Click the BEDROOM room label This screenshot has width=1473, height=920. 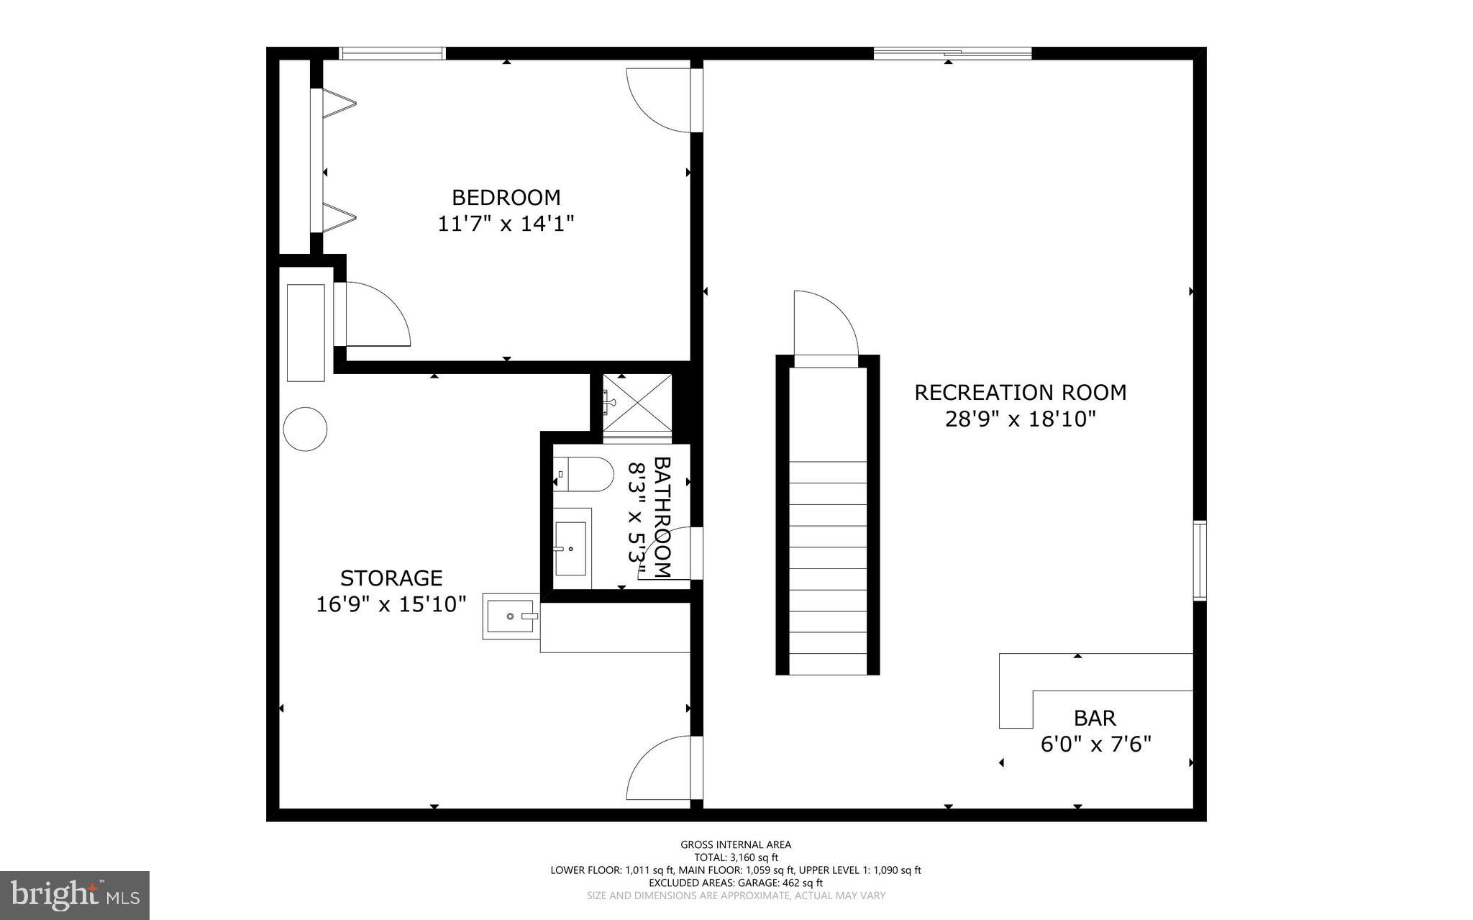[x=506, y=197]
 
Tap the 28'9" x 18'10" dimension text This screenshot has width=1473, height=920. [x=1020, y=419]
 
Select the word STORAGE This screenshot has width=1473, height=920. [x=391, y=578]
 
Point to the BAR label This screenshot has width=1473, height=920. [x=1095, y=718]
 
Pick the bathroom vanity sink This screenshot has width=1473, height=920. [x=571, y=548]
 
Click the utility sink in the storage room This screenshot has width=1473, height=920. [x=510, y=616]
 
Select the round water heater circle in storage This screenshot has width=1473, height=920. [x=305, y=429]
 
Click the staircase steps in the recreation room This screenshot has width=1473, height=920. [x=827, y=568]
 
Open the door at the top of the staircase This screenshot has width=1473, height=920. [x=825, y=324]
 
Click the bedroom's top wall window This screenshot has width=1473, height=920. [x=392, y=53]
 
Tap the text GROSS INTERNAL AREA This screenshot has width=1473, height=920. [x=736, y=844]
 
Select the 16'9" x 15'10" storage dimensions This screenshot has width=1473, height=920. [x=391, y=604]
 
